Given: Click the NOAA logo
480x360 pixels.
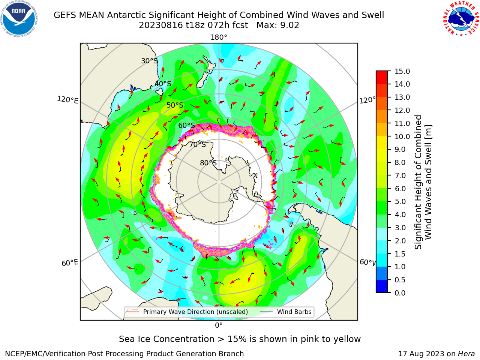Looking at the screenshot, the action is pyautogui.click(x=19, y=19).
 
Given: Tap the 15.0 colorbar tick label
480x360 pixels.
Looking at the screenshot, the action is pyautogui.click(x=402, y=71).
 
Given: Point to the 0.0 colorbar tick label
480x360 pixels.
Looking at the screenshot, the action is pyautogui.click(x=400, y=292).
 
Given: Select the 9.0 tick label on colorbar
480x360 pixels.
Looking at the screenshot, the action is pyautogui.click(x=400, y=150).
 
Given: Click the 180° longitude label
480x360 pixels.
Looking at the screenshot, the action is pyautogui.click(x=219, y=37).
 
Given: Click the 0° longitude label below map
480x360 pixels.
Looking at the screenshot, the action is pyautogui.click(x=219, y=325).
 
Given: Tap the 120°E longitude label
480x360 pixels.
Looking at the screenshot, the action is pyautogui.click(x=67, y=100).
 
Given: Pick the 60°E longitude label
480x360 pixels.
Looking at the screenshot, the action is pyautogui.click(x=70, y=262).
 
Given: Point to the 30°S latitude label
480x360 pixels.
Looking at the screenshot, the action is pyautogui.click(x=149, y=61).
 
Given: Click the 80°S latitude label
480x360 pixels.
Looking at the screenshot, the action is pyautogui.click(x=208, y=163).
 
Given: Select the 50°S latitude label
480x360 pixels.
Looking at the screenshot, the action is pyautogui.click(x=175, y=105).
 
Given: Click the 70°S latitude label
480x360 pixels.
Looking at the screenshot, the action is pyautogui.click(x=198, y=144).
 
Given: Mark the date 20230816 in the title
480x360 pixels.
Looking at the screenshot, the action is pyautogui.click(x=161, y=25).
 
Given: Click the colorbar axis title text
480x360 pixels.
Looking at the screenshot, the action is pyautogui.click(x=423, y=182).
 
